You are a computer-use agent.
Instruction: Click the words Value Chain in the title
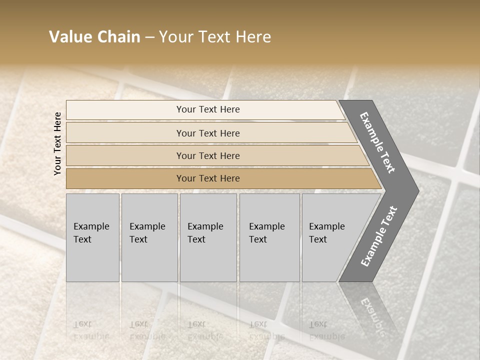click(94, 37)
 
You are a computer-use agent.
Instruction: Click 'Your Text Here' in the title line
click(215, 37)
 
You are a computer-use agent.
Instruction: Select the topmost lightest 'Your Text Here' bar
click(207, 109)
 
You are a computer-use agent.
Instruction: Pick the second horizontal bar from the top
click(207, 133)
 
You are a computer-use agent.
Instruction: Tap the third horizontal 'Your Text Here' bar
click(207, 155)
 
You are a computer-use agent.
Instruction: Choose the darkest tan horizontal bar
click(207, 178)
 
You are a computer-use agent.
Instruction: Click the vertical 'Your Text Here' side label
click(57, 143)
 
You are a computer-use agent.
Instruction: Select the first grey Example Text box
click(92, 237)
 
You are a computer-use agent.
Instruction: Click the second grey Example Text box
click(149, 237)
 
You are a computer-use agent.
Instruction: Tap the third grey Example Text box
click(207, 237)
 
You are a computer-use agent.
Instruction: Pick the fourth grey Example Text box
click(269, 237)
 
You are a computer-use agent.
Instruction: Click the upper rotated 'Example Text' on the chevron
click(377, 142)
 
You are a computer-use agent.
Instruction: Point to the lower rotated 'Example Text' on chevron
click(379, 236)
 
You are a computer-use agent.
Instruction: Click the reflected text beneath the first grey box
click(90, 330)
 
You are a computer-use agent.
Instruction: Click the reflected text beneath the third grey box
click(205, 330)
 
